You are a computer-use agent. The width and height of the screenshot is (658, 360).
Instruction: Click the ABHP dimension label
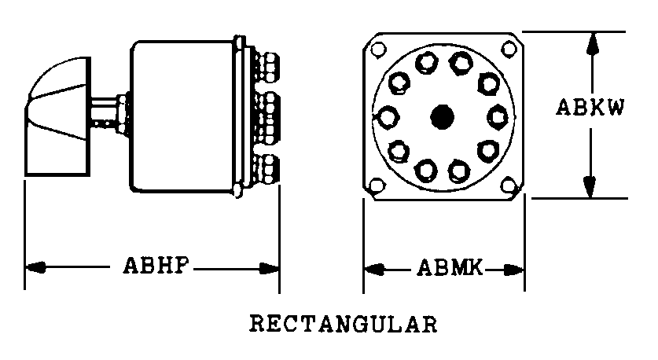156,266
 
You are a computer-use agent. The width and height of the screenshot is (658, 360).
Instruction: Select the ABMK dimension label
450,268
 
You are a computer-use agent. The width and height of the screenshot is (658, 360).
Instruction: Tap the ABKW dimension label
590,107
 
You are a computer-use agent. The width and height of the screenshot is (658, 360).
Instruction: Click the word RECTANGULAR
344,324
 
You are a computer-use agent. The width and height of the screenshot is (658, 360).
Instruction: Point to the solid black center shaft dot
443,116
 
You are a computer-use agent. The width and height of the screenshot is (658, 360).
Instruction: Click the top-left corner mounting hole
378,49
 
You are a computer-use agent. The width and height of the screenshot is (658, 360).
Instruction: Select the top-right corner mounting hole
509,49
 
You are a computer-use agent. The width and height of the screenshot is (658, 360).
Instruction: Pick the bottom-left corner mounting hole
377,185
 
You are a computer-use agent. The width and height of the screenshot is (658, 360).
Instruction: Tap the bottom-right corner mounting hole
509,185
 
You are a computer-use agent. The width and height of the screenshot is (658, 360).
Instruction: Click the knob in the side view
58,116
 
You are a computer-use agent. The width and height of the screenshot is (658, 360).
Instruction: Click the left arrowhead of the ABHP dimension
35,267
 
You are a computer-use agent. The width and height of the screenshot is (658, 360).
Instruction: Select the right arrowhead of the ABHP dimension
270,268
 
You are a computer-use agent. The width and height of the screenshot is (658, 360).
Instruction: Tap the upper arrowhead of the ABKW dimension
592,43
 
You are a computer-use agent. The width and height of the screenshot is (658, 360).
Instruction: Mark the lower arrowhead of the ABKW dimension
590,187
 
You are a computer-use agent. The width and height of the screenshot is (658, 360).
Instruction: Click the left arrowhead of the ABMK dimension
374,270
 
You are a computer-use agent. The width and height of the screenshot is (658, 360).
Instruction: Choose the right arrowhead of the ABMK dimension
514,270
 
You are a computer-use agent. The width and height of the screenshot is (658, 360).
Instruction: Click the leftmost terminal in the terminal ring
388,116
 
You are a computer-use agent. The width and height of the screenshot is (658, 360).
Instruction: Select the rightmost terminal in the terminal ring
498,116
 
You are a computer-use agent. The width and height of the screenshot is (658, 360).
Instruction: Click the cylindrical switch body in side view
182,116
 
